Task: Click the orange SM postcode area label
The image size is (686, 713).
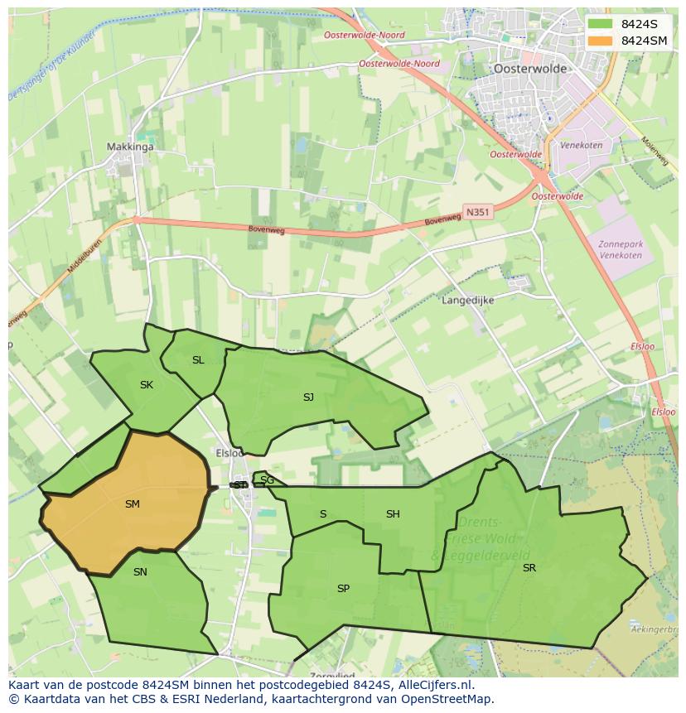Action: (x=132, y=503)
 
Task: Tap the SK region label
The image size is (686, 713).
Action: (x=147, y=384)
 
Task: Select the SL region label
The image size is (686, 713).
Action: (x=197, y=360)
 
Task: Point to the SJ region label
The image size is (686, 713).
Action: (x=308, y=397)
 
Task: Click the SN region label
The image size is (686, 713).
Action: (x=140, y=571)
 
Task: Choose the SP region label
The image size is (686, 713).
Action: (x=343, y=589)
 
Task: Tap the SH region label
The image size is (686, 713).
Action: (x=393, y=514)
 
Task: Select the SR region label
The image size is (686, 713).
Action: (x=529, y=567)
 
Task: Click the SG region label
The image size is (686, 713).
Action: (x=267, y=480)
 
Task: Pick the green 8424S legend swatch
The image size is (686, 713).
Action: (x=601, y=24)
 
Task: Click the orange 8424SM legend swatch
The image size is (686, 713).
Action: (x=601, y=41)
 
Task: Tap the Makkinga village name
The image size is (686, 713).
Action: (x=130, y=147)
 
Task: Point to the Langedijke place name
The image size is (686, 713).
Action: (x=468, y=301)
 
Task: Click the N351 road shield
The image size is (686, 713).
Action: (x=476, y=212)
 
